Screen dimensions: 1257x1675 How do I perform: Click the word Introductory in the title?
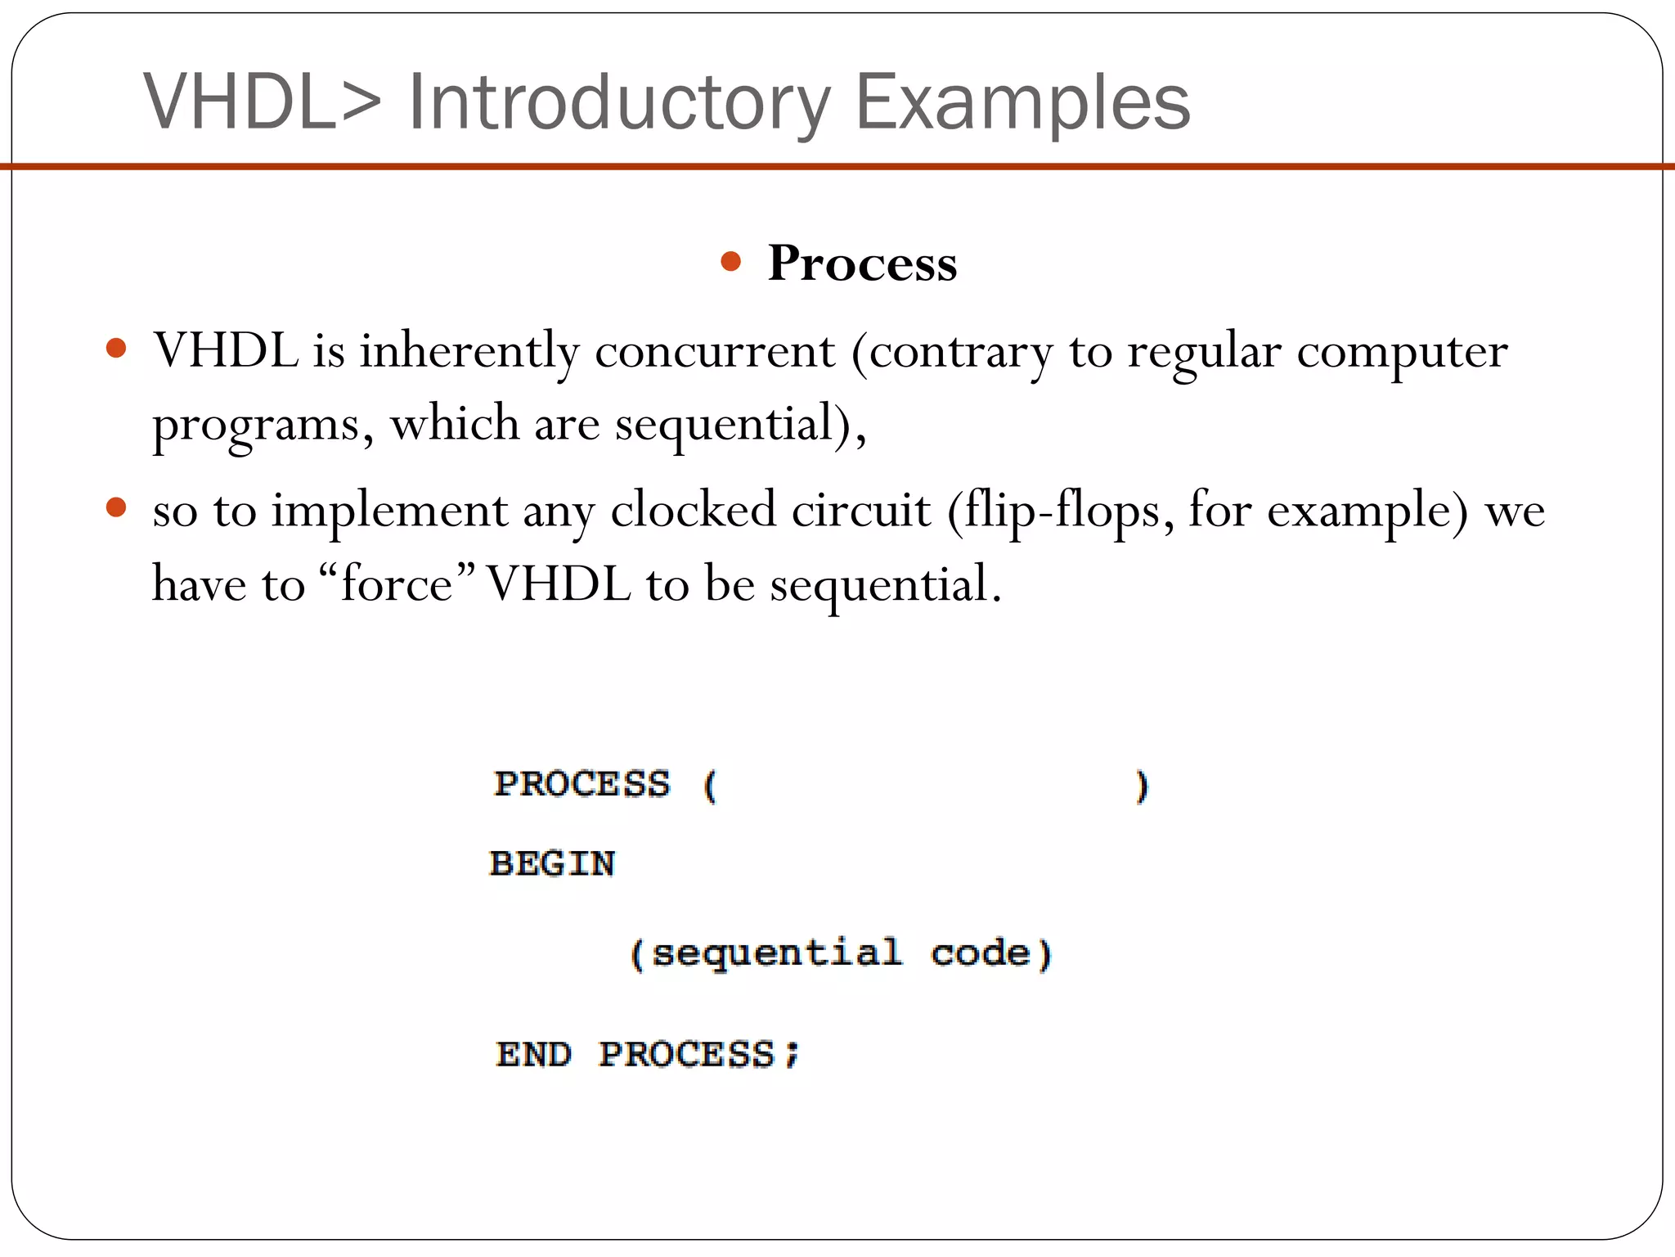[x=619, y=102]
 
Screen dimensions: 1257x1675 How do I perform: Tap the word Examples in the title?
[x=1022, y=102]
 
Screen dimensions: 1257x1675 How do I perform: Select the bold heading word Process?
[x=862, y=264]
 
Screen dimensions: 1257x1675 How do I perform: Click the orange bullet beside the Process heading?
[x=731, y=262]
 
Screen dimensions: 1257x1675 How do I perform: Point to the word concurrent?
[x=714, y=352]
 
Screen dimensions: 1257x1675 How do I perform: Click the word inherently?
[x=469, y=352]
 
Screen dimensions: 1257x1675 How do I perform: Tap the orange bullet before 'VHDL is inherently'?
[x=117, y=349]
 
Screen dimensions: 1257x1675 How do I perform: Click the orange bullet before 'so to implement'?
[x=117, y=507]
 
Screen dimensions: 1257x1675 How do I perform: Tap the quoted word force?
[x=397, y=584]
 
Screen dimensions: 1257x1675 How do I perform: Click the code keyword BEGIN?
[x=552, y=864]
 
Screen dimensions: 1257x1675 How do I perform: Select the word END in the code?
[x=533, y=1054]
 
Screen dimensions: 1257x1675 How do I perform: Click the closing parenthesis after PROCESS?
[x=1142, y=786]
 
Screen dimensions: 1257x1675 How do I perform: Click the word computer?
[x=1402, y=352]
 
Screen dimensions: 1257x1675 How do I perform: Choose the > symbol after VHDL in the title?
[x=361, y=102]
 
